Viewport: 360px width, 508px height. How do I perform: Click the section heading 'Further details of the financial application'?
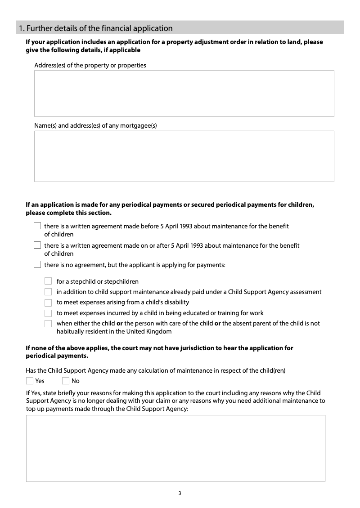(x=95, y=28)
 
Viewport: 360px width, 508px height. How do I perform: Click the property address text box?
(x=184, y=94)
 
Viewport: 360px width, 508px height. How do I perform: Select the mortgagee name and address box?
(x=184, y=156)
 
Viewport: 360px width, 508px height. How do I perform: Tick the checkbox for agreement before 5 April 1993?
(x=37, y=226)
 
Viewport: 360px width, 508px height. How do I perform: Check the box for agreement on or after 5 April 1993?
(x=37, y=245)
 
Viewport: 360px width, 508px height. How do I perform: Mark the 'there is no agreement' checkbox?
(x=37, y=265)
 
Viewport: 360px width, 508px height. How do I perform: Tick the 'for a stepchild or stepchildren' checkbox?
(x=49, y=281)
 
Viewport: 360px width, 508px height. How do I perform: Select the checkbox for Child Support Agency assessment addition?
(x=49, y=292)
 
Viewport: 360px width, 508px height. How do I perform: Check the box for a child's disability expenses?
(x=49, y=303)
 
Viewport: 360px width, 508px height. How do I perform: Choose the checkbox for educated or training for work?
(x=49, y=313)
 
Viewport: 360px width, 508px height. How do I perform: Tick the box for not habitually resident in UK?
(x=49, y=324)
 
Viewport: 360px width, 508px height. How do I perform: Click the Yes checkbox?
(x=30, y=381)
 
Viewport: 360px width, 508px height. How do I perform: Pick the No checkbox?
(x=66, y=381)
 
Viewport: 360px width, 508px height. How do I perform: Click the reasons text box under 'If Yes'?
(x=175, y=448)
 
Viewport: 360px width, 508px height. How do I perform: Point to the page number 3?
(x=180, y=493)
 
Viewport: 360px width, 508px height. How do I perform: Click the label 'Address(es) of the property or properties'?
(x=90, y=65)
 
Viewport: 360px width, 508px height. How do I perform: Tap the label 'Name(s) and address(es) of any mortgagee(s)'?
(x=95, y=125)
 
